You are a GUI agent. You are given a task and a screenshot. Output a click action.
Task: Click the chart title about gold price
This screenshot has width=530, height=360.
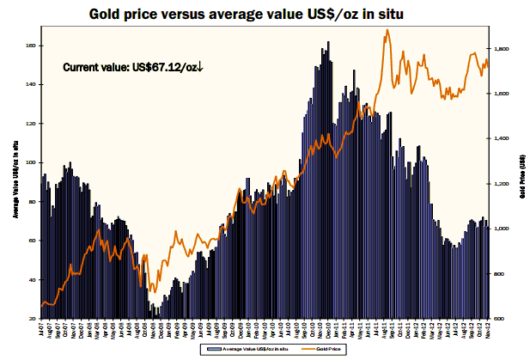(263, 15)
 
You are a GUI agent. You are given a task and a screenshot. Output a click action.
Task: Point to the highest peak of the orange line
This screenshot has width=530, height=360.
(388, 30)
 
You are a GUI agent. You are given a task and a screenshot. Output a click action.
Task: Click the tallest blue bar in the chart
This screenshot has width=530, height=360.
(327, 41)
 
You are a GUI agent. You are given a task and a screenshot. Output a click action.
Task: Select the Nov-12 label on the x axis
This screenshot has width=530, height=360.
(486, 330)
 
